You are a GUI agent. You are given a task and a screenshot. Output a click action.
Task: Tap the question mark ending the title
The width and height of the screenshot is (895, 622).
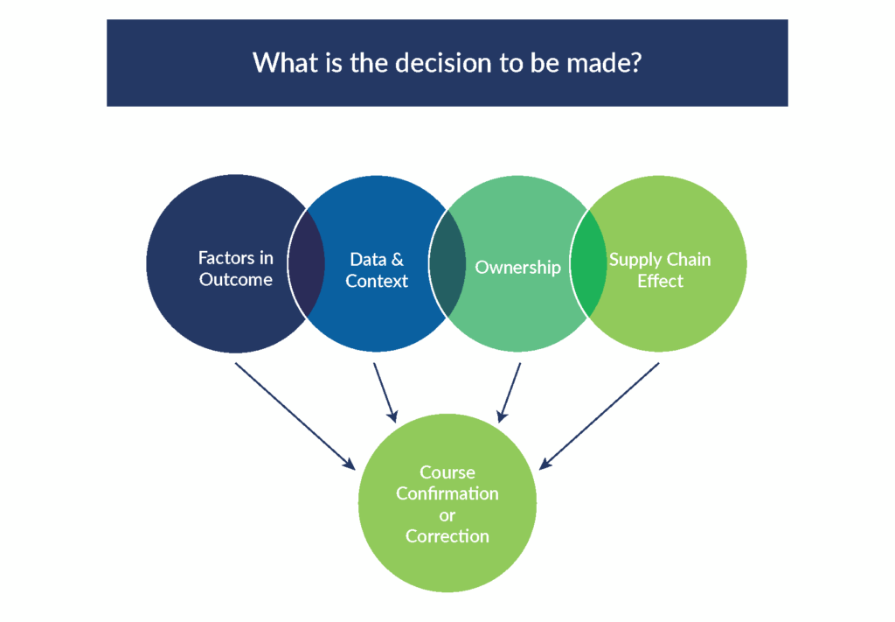coord(636,63)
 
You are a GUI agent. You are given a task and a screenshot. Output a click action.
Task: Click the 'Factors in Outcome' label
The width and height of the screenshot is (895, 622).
coord(235,269)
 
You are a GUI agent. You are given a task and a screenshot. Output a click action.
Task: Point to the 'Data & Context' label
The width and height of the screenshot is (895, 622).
coord(377,270)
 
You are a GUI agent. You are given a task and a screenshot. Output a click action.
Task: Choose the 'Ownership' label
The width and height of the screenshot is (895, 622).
coord(517,267)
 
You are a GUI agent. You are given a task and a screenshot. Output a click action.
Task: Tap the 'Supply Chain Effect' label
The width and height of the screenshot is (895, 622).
coord(660,270)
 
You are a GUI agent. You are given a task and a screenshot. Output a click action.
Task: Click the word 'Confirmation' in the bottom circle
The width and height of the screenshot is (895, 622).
coord(447,493)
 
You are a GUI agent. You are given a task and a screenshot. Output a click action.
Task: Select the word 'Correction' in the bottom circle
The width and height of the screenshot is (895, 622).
coord(447,536)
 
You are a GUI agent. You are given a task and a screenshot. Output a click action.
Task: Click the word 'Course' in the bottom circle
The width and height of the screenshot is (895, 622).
coord(447,472)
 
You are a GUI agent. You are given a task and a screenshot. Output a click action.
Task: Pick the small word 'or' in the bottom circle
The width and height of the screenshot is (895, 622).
coord(447,515)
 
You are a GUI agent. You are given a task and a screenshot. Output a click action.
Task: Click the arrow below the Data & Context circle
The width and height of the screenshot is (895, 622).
coord(385,391)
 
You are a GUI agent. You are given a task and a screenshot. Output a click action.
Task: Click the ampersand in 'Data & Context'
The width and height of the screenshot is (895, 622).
coord(396,260)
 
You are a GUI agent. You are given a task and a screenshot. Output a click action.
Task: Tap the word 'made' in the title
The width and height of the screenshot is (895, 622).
coord(607,63)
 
